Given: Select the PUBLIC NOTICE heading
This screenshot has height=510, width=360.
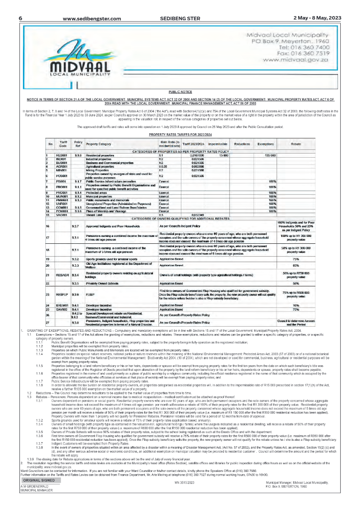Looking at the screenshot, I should point(180,92).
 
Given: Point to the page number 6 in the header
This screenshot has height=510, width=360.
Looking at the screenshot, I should point(21,18).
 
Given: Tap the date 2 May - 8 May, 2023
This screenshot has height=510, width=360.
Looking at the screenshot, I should point(317,18).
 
